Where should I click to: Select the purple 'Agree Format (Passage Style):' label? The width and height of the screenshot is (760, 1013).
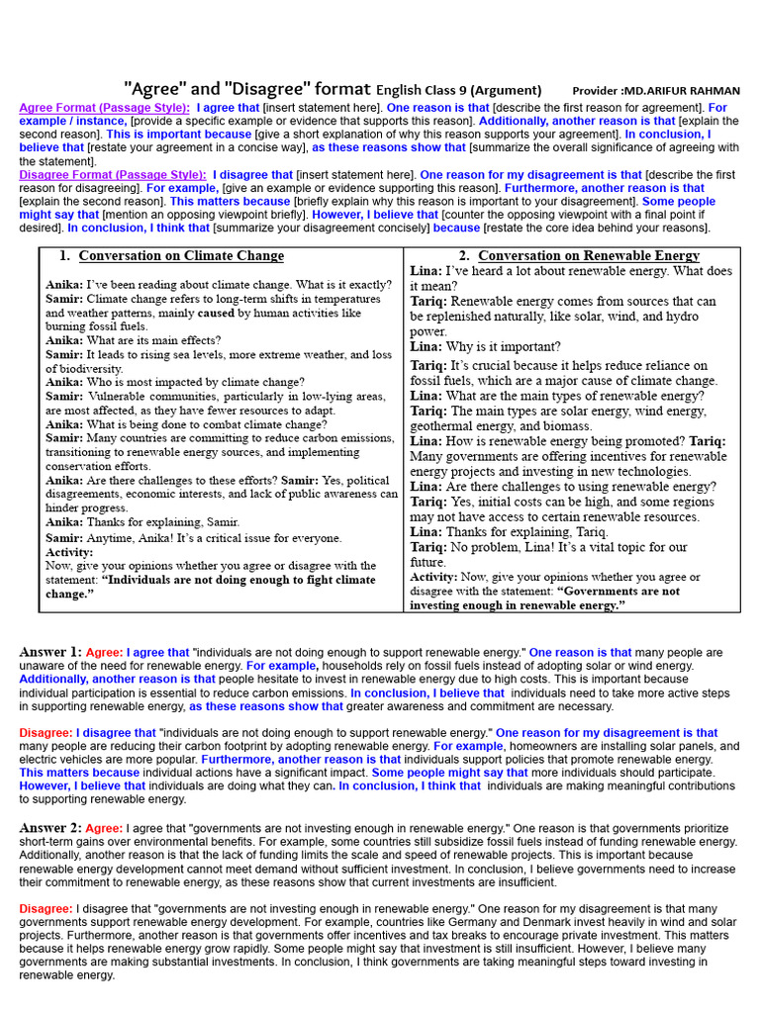105,107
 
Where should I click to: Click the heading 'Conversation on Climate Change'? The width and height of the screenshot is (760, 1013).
181,256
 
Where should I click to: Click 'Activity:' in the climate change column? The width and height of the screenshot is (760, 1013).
69,552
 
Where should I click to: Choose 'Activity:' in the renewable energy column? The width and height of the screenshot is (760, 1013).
433,577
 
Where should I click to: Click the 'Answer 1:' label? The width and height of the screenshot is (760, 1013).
50,652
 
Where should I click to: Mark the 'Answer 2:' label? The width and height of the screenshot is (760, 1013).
50,827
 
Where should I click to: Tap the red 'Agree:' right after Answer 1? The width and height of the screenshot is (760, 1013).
105,653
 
